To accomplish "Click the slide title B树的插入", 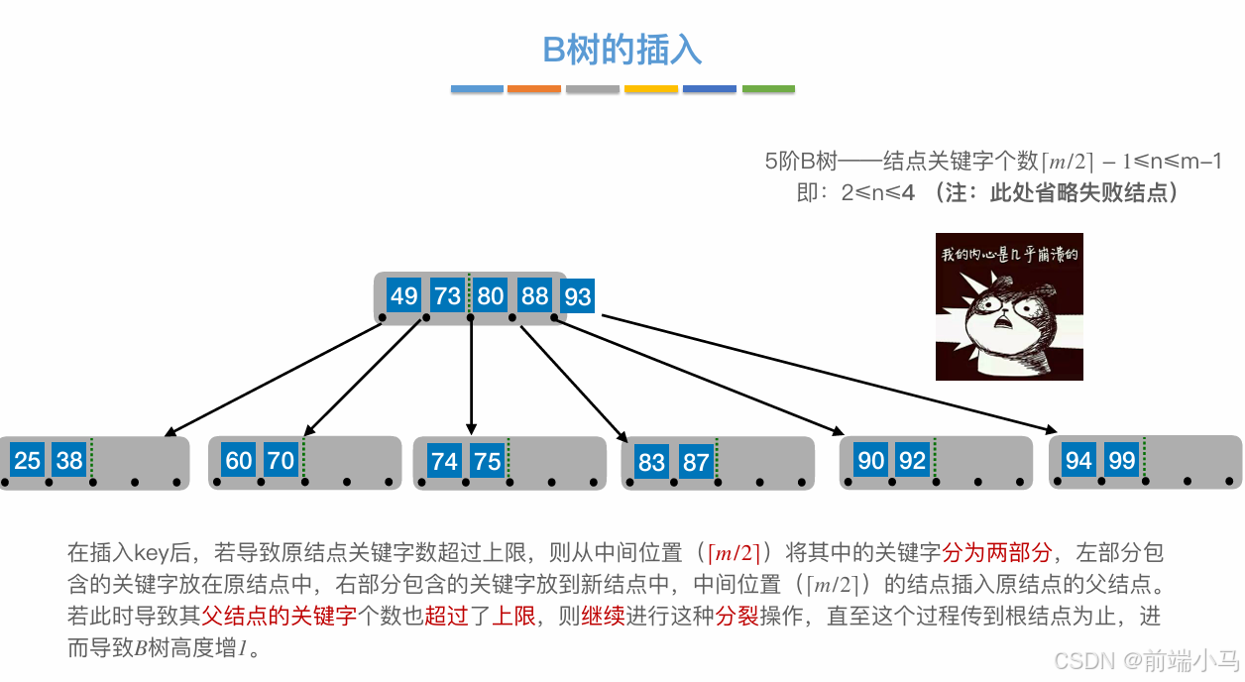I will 622,50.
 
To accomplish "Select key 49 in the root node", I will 403,295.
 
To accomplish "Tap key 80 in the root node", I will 491,295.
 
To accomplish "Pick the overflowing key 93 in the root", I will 577,295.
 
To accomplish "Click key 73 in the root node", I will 447,295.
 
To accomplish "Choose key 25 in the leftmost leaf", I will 28,460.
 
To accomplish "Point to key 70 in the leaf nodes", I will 282,460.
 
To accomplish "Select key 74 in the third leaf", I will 445,460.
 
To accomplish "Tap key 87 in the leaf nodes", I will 696,461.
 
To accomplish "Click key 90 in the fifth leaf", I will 871,460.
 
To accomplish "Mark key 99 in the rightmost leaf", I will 1122,460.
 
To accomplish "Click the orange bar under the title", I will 534,89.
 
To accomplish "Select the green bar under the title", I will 768,89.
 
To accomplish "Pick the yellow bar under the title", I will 651,89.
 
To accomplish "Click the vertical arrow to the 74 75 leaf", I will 471,377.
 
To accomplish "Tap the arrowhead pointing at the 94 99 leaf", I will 1054,429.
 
